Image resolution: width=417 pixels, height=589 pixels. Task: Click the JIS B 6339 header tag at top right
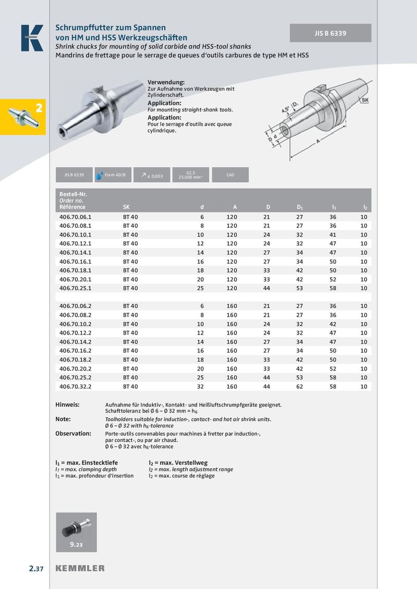[330, 33]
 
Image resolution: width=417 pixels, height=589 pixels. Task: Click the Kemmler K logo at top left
[32, 38]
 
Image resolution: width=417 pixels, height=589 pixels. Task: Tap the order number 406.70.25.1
[75, 288]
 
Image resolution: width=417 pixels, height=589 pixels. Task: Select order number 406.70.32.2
[75, 387]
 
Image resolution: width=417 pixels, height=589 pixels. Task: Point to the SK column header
[127, 207]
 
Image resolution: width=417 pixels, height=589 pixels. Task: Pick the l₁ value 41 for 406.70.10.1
[333, 234]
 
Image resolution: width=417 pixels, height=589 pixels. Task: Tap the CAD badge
[230, 175]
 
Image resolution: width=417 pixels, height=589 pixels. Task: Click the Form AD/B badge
[112, 175]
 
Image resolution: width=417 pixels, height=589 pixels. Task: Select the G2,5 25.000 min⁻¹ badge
[190, 175]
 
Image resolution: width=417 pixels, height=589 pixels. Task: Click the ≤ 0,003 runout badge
[152, 175]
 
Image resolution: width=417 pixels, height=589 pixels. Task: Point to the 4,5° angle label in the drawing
[286, 110]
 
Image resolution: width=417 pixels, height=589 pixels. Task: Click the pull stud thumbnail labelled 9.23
[76, 531]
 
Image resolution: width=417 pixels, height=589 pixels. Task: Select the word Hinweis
[67, 404]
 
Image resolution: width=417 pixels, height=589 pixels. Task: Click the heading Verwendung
[166, 83]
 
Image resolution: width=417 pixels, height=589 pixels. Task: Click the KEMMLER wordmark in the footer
[80, 568]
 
